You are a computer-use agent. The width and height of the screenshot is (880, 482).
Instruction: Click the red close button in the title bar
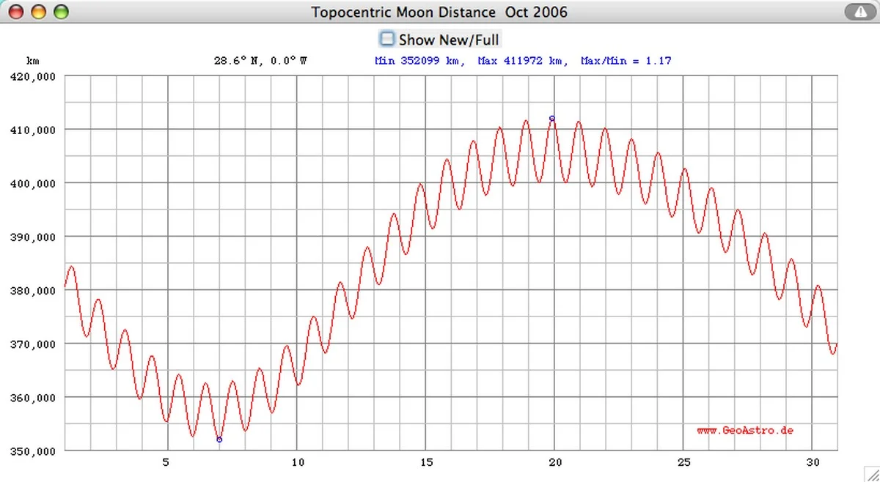point(15,12)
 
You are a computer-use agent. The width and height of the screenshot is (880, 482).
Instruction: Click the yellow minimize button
point(38,12)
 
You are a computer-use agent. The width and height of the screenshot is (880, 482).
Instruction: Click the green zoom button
point(61,12)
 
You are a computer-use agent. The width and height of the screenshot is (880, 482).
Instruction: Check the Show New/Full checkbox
point(387,39)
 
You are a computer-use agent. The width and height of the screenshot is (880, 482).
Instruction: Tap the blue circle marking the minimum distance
point(219,440)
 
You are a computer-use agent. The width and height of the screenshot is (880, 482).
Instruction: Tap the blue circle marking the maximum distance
point(552,118)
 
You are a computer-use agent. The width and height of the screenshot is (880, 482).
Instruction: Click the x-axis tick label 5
point(167,462)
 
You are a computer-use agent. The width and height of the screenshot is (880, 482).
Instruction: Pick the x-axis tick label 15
point(426,462)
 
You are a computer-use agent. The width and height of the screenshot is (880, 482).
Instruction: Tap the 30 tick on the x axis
point(812,462)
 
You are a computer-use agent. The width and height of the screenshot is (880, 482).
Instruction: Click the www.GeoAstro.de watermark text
point(745,431)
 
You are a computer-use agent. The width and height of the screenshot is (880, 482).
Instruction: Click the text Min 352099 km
point(419,61)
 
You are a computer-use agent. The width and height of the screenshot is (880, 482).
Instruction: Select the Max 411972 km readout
point(523,61)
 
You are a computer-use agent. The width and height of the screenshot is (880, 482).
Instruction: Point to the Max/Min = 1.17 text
point(626,61)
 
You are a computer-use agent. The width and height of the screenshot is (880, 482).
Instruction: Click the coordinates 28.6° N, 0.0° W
point(260,61)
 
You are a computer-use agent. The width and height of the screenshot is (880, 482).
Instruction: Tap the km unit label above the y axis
point(32,61)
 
